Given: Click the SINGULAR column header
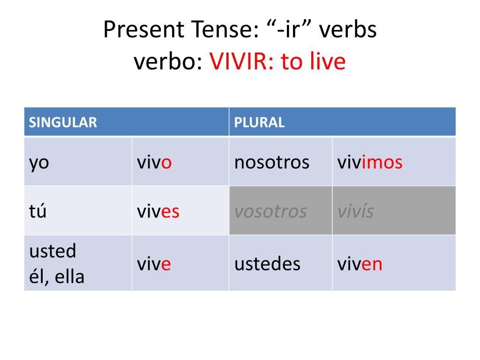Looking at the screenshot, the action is tap(63, 122).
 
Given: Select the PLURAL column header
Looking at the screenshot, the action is tap(259, 122).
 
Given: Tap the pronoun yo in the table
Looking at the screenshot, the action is tap(39, 163).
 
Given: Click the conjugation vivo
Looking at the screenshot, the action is tap(154, 162).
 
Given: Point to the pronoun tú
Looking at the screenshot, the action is tap(37, 211).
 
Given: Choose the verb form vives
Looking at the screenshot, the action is tap(158, 211).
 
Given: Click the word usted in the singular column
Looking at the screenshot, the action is tap(52, 251).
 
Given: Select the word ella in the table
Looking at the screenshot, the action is tap(69, 277).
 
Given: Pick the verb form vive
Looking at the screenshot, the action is tap(154, 264).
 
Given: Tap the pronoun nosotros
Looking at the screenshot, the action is tap(272, 162).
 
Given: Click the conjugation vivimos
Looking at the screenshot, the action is tap(370, 162).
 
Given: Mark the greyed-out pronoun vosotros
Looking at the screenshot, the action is tap(270, 211).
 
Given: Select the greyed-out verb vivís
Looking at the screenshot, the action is tap(355, 211).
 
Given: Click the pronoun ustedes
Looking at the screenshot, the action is tap(267, 264).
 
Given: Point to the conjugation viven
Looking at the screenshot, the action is tap(360, 264).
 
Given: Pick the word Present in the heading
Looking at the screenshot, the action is tap(144, 30).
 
